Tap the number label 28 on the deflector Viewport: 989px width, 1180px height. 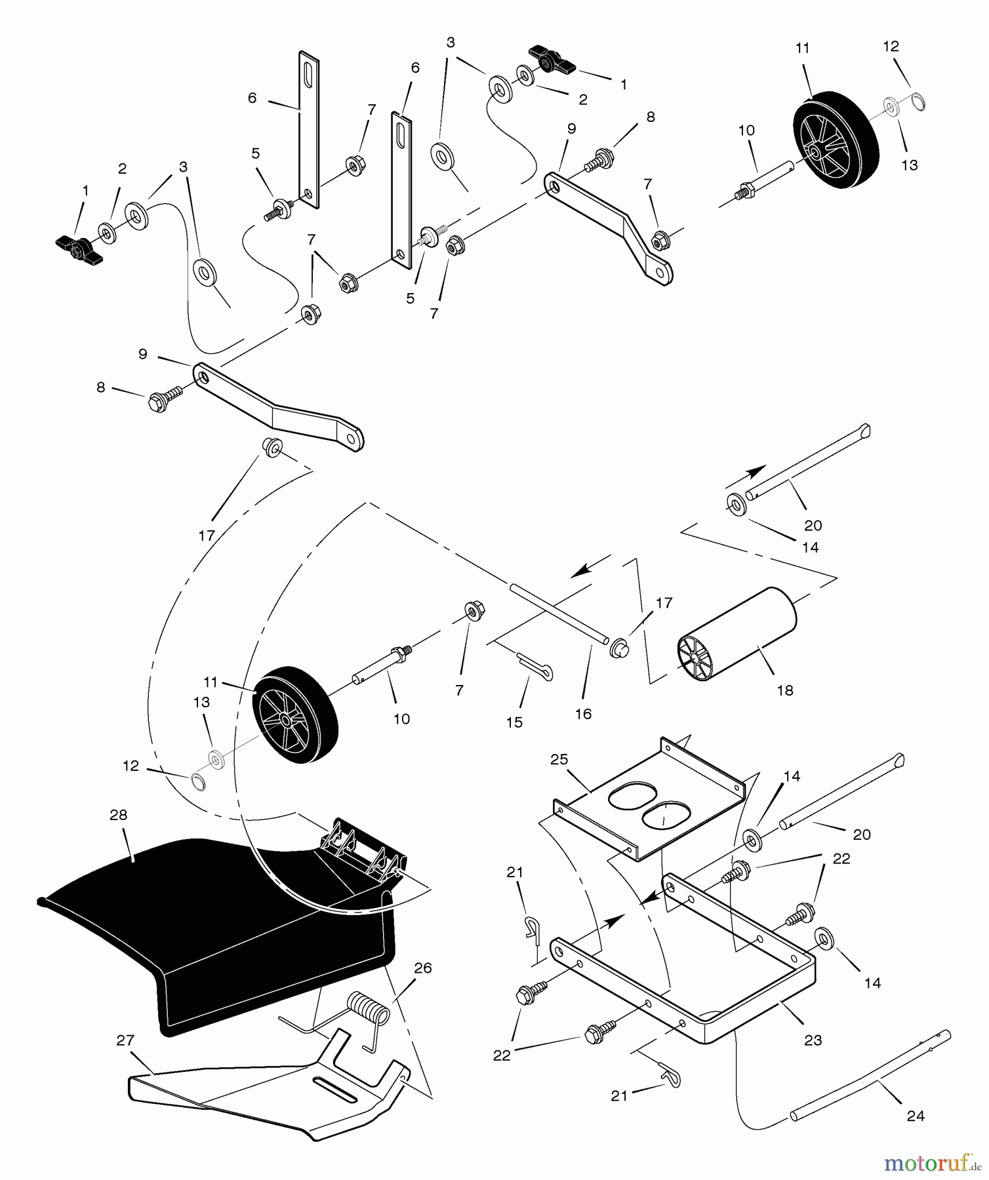click(x=119, y=815)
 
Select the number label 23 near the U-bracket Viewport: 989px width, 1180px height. click(x=813, y=1040)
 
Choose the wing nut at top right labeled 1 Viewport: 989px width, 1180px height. click(x=553, y=60)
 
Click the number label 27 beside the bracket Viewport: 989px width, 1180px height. click(x=125, y=1040)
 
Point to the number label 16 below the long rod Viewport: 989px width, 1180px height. click(x=583, y=714)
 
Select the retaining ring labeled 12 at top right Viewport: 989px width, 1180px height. click(x=918, y=102)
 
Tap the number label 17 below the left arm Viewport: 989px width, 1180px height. click(x=207, y=536)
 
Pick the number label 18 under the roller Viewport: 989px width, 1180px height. click(x=784, y=690)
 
